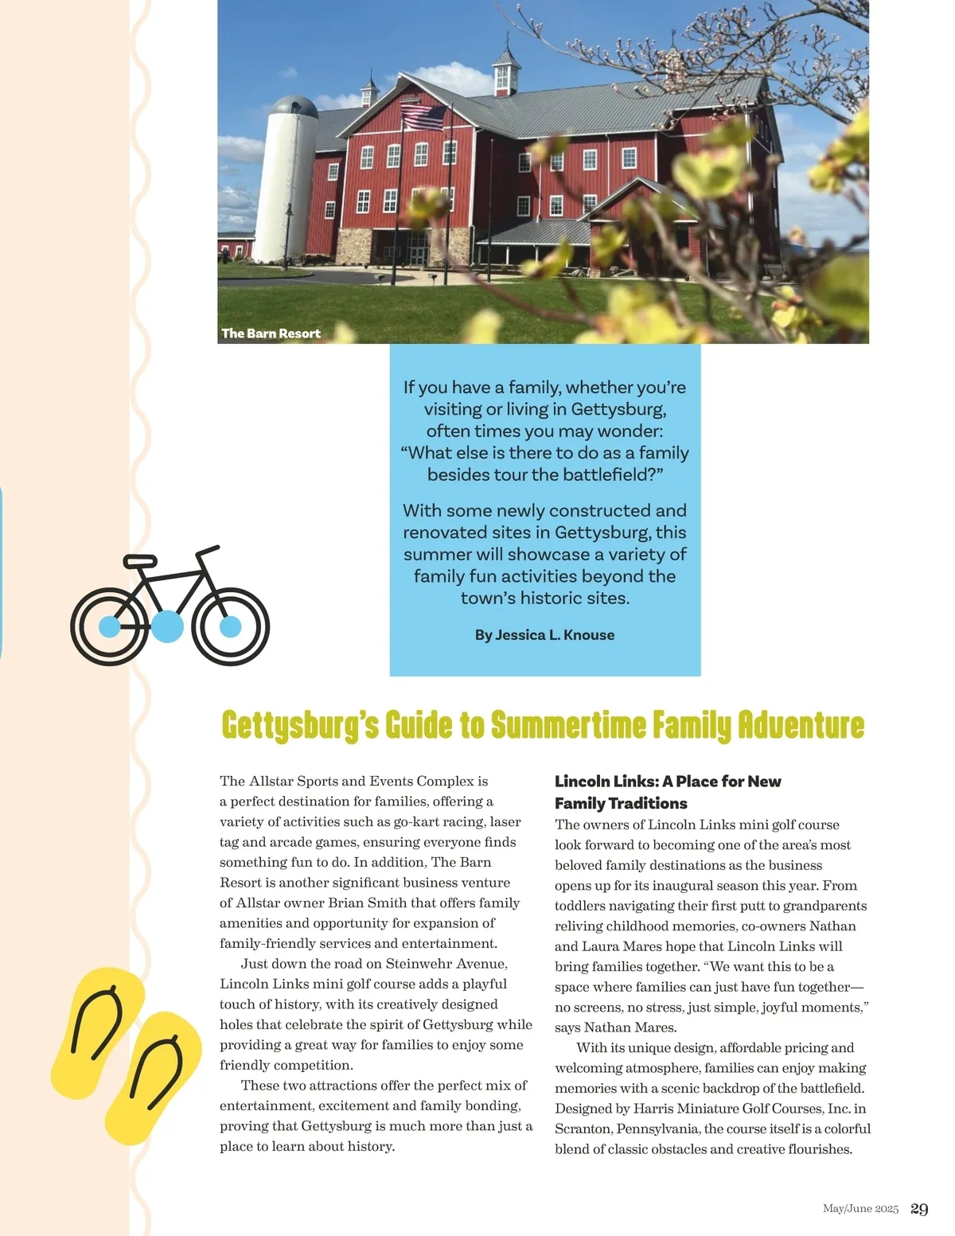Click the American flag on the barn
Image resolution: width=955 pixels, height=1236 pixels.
[x=423, y=117]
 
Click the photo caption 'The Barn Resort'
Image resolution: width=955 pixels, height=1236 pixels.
[x=271, y=333]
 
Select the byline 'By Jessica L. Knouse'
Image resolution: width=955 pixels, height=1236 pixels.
[x=544, y=635]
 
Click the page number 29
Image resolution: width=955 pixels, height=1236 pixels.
[x=919, y=1209]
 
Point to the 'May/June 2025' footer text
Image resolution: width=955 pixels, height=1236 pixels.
[x=860, y=1209]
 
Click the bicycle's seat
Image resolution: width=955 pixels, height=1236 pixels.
[x=140, y=561]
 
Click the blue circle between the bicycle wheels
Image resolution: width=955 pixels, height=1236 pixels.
[x=167, y=626]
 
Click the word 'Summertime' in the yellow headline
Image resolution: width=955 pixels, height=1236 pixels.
[x=567, y=725]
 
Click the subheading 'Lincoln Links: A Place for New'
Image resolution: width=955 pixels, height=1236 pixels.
[x=668, y=782]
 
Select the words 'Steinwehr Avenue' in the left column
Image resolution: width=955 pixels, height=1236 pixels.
[x=446, y=964]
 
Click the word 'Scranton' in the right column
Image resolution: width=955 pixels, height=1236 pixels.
[x=582, y=1129]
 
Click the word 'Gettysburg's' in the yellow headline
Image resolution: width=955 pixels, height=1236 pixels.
[x=300, y=725]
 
